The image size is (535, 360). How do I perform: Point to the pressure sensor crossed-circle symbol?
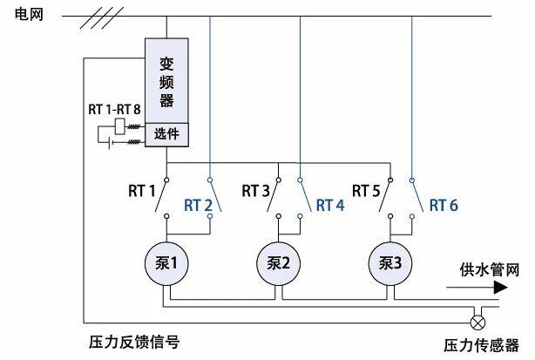point(477,323)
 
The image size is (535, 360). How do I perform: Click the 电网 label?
point(29,15)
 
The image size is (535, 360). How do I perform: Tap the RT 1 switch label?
point(142,191)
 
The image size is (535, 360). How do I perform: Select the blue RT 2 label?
point(198,206)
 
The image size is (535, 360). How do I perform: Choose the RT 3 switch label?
point(255,191)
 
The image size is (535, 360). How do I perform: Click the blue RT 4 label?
point(330,206)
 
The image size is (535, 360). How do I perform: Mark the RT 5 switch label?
point(366,191)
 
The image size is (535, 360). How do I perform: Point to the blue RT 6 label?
point(444,206)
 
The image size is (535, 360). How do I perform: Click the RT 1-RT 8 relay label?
point(114,110)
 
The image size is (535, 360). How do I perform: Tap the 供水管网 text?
point(490,269)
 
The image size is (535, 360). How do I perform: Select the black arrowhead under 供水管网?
point(500,288)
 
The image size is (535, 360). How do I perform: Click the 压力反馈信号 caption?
point(134,342)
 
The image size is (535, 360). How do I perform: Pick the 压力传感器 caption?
point(482,345)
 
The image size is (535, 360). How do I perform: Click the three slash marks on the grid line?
point(102,17)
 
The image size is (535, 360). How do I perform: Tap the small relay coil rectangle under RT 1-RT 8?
point(119,126)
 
